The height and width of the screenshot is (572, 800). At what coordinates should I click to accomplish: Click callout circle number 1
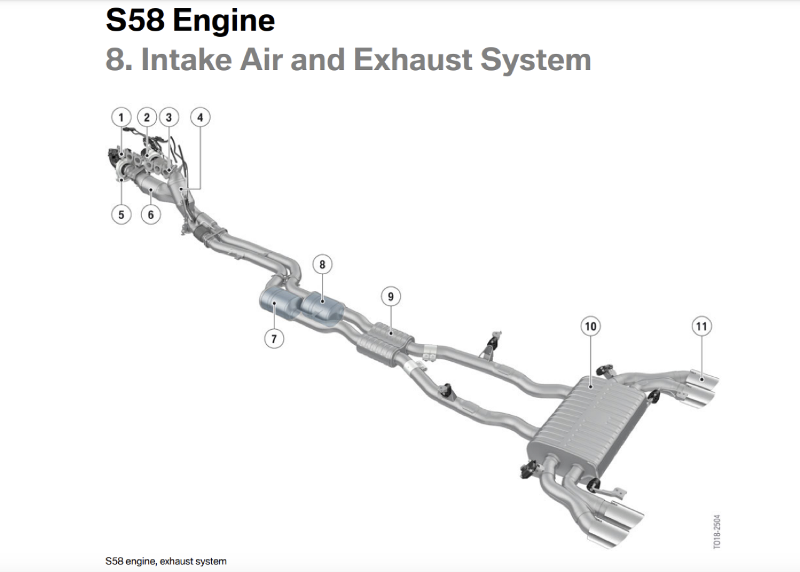pyautogui.click(x=121, y=117)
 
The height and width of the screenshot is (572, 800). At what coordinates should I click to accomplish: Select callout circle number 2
pyautogui.click(x=147, y=117)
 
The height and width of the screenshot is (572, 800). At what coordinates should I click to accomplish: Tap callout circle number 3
pyautogui.click(x=169, y=117)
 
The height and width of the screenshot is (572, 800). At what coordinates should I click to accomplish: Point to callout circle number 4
pyautogui.click(x=201, y=117)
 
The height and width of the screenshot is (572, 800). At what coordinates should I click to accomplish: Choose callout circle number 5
pyautogui.click(x=121, y=214)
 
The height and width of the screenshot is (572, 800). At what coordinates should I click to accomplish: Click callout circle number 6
pyautogui.click(x=151, y=214)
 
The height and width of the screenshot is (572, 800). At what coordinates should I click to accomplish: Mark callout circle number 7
pyautogui.click(x=274, y=339)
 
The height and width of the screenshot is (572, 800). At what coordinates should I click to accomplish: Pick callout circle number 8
pyautogui.click(x=322, y=265)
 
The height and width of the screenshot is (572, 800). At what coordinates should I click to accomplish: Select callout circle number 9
pyautogui.click(x=391, y=296)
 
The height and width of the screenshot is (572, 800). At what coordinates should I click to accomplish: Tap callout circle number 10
pyautogui.click(x=590, y=326)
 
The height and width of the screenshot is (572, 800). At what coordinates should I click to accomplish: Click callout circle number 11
pyautogui.click(x=702, y=326)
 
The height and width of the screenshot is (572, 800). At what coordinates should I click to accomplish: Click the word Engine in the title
pyautogui.click(x=223, y=21)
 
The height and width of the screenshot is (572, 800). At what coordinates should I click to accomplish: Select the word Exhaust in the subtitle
pyautogui.click(x=412, y=59)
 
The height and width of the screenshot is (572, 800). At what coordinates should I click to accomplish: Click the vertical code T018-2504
pyautogui.click(x=717, y=532)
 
